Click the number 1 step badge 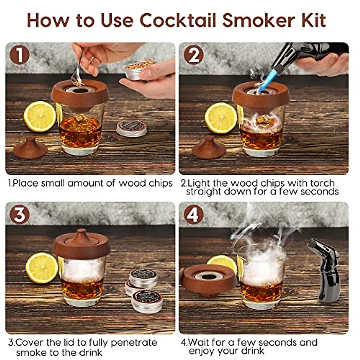pos(19,55)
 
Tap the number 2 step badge pos(193,55)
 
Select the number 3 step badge pos(19,215)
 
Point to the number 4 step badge pos(193,215)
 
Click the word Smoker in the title pos(253,20)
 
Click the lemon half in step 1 pos(40,116)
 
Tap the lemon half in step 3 pos(41,268)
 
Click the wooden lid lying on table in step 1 pos(30,148)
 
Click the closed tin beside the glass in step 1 pos(132,128)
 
